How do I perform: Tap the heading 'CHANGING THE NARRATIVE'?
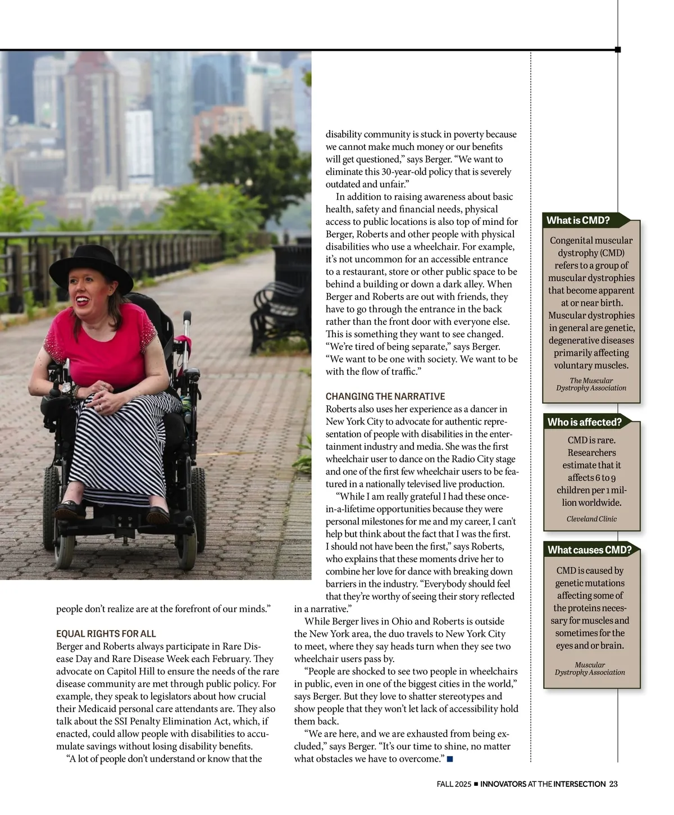(x=385, y=396)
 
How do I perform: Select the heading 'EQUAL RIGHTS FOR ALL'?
(x=106, y=633)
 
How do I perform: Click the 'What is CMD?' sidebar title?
(x=578, y=220)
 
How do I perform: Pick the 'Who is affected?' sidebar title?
(x=584, y=422)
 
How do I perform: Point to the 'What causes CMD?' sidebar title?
(x=589, y=550)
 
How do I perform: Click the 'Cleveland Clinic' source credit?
(x=591, y=519)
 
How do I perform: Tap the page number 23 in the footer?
(x=613, y=784)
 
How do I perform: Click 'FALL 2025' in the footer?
(x=453, y=784)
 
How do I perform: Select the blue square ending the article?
(x=449, y=759)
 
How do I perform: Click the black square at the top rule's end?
(x=618, y=49)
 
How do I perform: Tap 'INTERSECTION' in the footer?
(x=579, y=784)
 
